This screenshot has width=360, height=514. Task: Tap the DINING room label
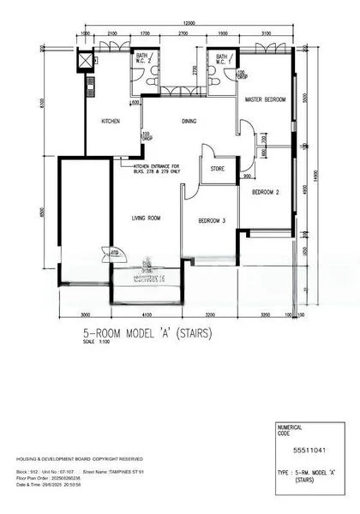click(189, 122)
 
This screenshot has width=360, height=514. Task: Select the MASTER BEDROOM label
click(265, 100)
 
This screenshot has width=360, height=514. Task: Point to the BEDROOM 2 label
click(266, 193)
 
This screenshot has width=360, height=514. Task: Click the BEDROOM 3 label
click(212, 221)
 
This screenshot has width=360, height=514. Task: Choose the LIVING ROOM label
click(147, 218)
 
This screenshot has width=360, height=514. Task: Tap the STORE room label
click(218, 169)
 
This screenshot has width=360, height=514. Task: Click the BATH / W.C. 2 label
click(142, 58)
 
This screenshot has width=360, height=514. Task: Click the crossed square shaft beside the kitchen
click(85, 62)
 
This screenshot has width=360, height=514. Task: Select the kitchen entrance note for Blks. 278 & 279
click(156, 168)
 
